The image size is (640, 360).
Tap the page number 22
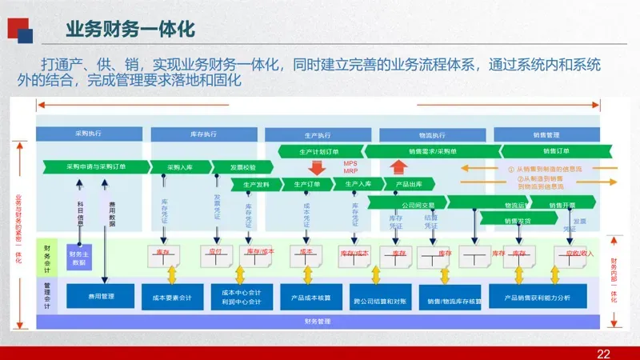coord(604,354)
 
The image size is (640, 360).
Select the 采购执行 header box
coord(88,133)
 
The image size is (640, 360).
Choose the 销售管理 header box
coord(546,134)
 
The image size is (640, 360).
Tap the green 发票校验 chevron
coord(243,167)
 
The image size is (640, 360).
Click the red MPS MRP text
coord(351,167)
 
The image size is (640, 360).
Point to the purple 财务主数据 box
coord(78,258)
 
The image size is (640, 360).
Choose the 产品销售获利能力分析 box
coord(538,298)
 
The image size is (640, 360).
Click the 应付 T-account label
coord(214,252)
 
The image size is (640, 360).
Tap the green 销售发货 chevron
coord(518,220)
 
